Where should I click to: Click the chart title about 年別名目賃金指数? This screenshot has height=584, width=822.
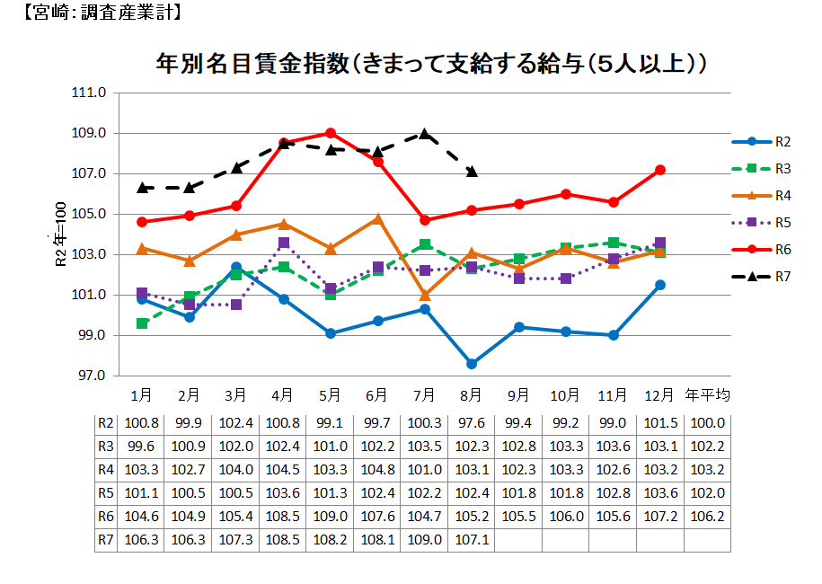[430, 64]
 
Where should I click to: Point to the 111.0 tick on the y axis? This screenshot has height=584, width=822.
[93, 93]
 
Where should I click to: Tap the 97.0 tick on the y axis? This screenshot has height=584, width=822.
[93, 376]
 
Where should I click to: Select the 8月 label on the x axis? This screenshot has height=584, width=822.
[472, 395]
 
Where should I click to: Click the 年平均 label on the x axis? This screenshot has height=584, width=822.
[707, 395]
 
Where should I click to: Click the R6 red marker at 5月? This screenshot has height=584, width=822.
[331, 133]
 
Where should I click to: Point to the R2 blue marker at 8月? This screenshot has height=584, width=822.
[472, 364]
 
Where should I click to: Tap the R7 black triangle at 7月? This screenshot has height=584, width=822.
[425, 134]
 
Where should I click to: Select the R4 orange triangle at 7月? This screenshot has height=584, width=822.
[425, 295]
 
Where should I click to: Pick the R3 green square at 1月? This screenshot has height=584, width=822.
[142, 323]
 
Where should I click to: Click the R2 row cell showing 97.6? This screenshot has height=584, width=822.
[472, 423]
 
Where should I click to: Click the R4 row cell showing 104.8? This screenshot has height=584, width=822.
[377, 470]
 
